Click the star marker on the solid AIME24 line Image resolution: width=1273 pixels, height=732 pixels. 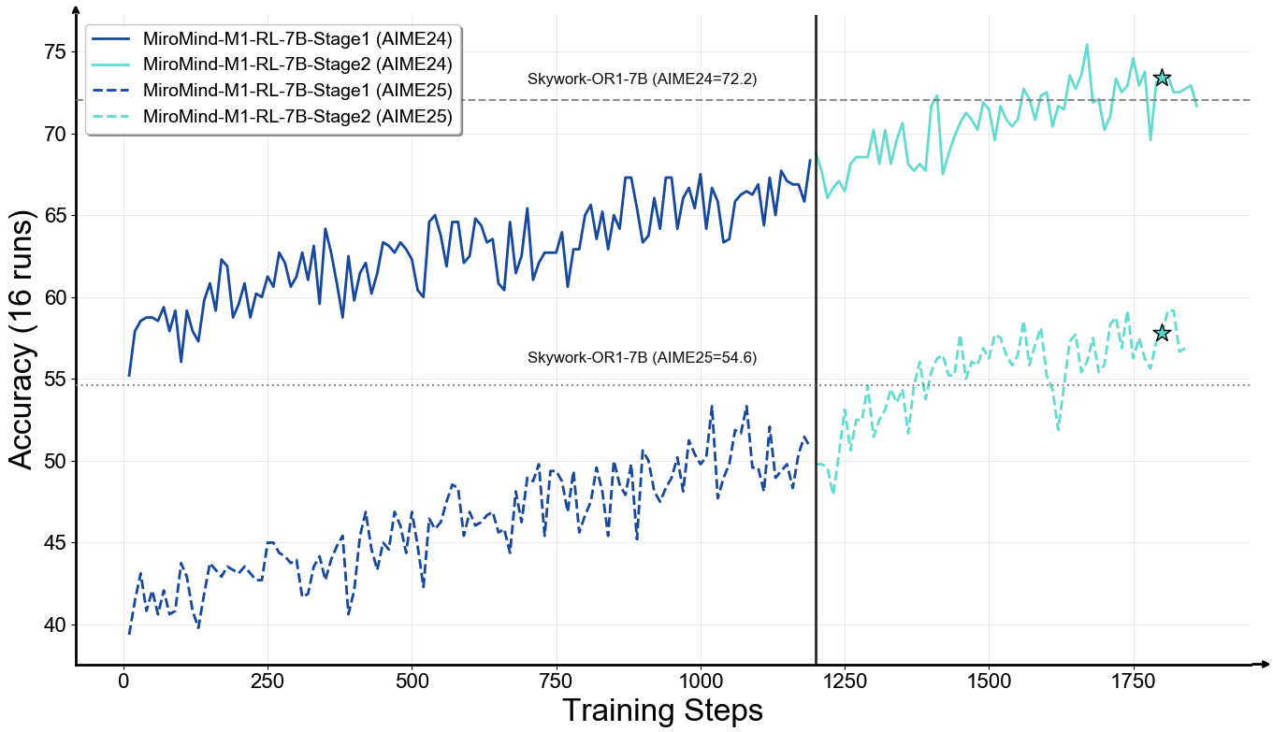tap(1162, 78)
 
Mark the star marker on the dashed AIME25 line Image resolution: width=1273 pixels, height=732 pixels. tap(1162, 333)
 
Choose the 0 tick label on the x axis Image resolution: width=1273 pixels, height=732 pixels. tap(123, 681)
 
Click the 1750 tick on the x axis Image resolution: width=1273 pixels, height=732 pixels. tap(1134, 681)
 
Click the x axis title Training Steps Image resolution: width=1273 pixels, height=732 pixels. tap(663, 710)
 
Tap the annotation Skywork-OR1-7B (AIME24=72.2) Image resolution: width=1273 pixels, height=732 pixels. tap(642, 79)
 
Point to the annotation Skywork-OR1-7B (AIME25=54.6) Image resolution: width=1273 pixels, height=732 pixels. tap(642, 357)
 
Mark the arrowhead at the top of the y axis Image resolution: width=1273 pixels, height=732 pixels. tap(76, 10)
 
